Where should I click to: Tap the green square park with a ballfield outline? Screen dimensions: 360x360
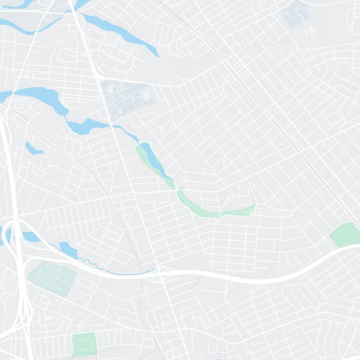click(84, 344)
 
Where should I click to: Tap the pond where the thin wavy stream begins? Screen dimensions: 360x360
click(66, 247)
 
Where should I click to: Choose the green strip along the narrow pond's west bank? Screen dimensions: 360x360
click(142, 155)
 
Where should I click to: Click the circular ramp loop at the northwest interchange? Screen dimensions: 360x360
click(47, 16)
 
